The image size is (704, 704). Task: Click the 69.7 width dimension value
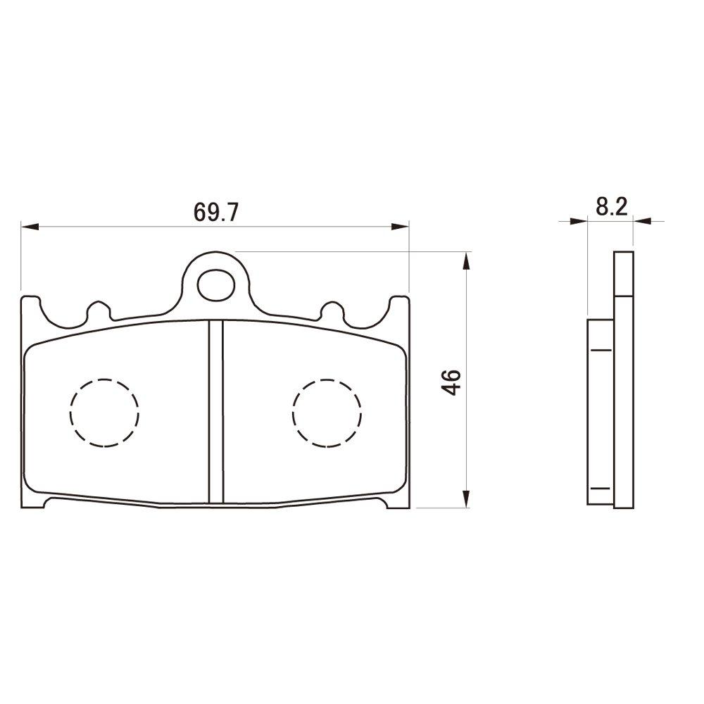coord(215,210)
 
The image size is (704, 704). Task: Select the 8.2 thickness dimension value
coord(611,206)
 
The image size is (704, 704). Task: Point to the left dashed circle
coord(104,413)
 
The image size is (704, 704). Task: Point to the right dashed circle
coord(327,413)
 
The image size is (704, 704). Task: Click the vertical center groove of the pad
coord(216,412)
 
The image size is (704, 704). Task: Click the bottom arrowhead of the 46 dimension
coord(465,498)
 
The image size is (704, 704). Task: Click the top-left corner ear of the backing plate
coord(30,305)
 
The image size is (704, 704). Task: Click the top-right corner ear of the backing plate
coord(400,305)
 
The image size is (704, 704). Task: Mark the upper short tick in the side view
coord(600,349)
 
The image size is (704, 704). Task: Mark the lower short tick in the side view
coord(600,488)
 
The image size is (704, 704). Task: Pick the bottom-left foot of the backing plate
coord(35,502)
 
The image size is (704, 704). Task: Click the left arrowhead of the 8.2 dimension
coord(579,221)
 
